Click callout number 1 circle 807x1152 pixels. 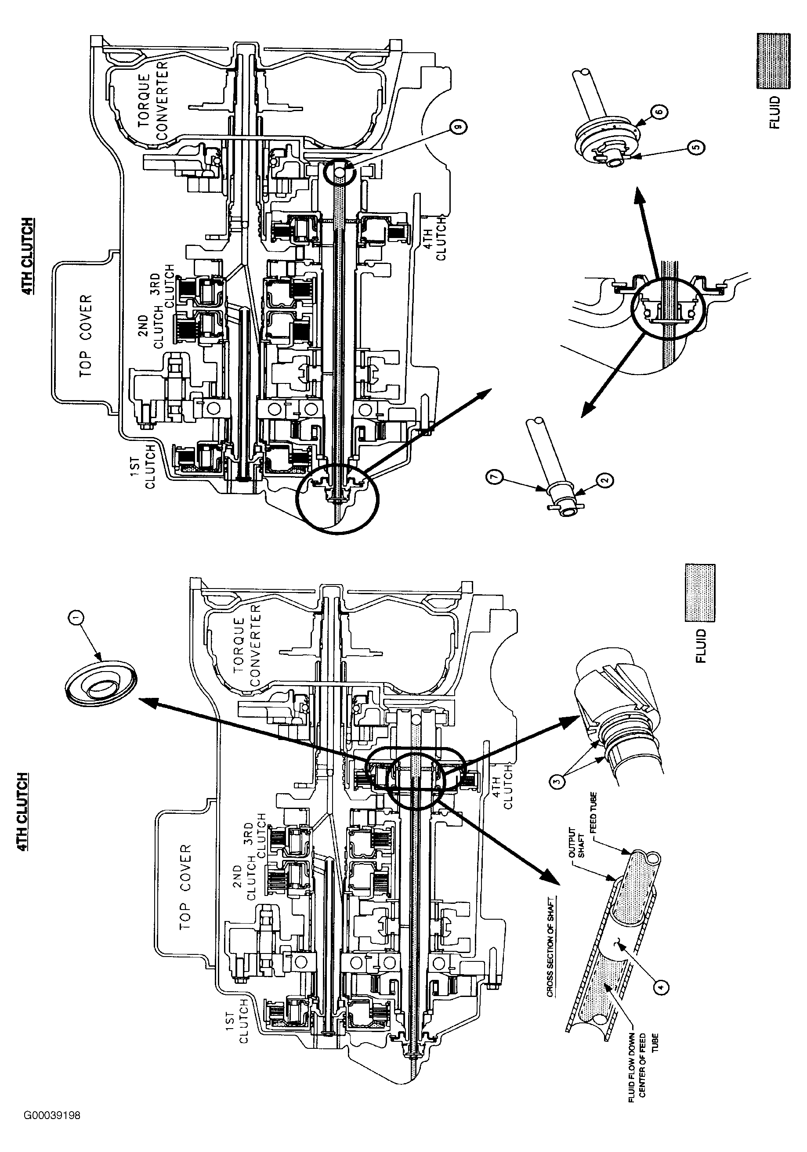point(76,620)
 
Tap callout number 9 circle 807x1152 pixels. point(458,129)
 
